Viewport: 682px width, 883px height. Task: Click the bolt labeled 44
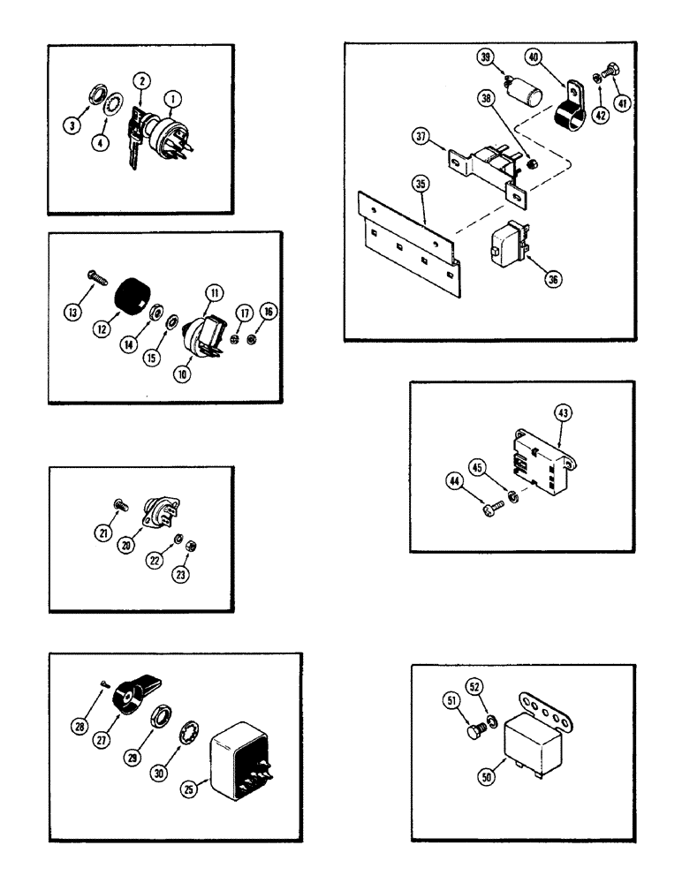click(487, 507)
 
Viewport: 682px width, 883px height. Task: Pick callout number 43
click(564, 410)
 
